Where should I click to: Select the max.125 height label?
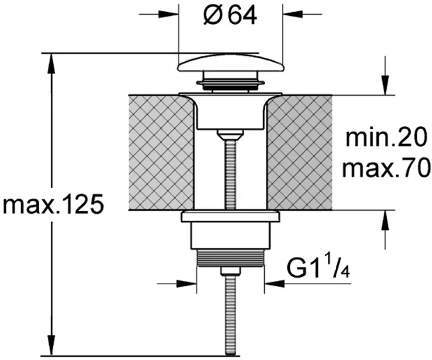[53, 205]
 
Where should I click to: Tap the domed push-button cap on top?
[231, 64]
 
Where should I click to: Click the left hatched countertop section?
[162, 152]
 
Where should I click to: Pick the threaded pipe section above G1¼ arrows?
[231, 258]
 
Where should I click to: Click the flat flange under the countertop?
[230, 217]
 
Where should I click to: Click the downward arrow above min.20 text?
[385, 76]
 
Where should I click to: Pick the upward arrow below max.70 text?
[385, 230]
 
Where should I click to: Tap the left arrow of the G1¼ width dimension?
[177, 283]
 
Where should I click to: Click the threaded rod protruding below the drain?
[230, 315]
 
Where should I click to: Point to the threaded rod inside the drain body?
[230, 175]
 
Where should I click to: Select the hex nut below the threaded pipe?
[230, 271]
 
